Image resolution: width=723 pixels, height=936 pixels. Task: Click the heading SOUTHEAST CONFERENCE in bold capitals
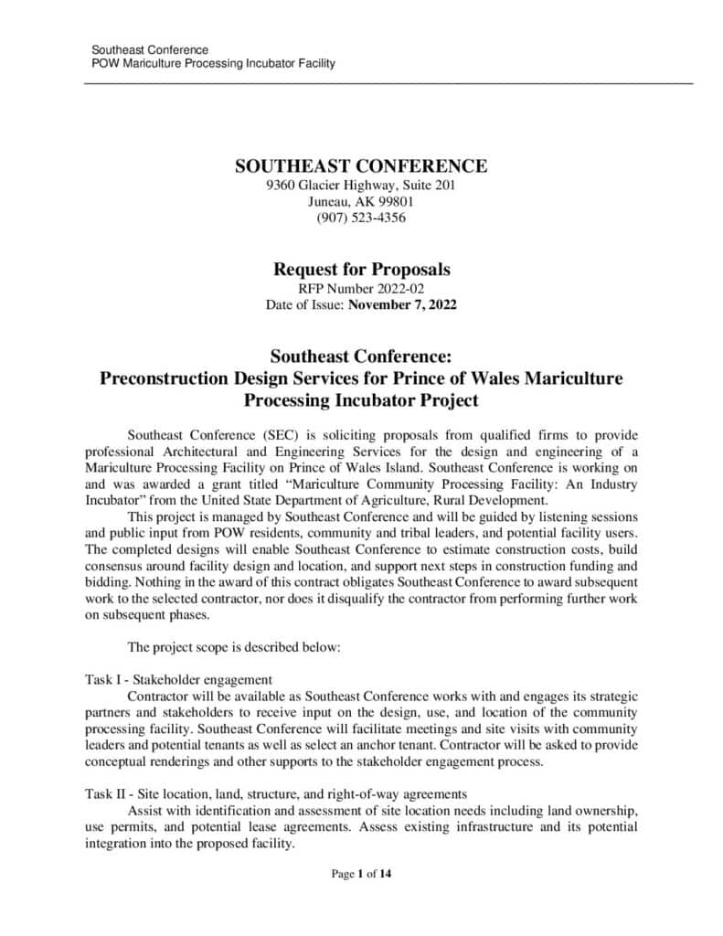tap(361, 166)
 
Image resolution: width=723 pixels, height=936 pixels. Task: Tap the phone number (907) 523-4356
tap(361, 218)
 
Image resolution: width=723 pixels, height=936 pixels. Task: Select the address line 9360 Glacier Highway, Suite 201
tap(361, 186)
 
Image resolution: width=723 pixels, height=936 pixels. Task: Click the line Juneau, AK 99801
tap(361, 201)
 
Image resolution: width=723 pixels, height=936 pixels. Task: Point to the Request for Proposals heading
tap(361, 270)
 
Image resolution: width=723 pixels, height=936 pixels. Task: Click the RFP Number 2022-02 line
tap(361, 289)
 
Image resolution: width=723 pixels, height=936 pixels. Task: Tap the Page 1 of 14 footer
tap(361, 875)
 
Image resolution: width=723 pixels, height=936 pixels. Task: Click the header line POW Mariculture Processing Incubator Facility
tap(213, 63)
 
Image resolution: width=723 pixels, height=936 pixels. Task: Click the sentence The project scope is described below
tap(233, 647)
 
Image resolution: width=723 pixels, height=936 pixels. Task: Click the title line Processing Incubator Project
tap(361, 400)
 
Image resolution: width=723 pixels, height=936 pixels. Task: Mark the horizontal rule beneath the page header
tap(388, 84)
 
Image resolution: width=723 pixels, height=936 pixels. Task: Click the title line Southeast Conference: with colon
tap(361, 355)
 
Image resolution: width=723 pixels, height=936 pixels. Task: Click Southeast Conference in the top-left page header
tap(150, 49)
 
